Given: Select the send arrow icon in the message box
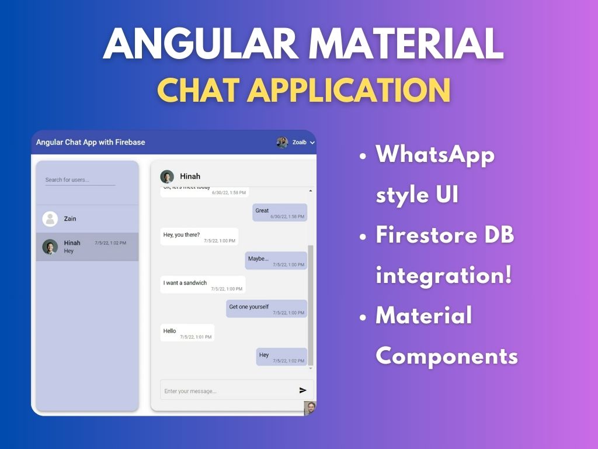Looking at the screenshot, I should [303, 391].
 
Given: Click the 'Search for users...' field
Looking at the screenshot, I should [80, 180].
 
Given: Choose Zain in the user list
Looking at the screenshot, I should [70, 219].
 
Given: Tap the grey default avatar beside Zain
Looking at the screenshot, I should [50, 219].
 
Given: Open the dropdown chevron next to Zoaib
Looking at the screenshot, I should [312, 143].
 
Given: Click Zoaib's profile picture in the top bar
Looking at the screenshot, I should [282, 142].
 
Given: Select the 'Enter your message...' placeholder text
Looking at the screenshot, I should [190, 391].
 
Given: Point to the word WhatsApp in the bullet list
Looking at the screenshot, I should [435, 156].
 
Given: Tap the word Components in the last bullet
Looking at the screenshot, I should [447, 355].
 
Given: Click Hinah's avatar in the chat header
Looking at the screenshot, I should [167, 177].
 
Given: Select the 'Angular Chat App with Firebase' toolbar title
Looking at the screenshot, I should [91, 142].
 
